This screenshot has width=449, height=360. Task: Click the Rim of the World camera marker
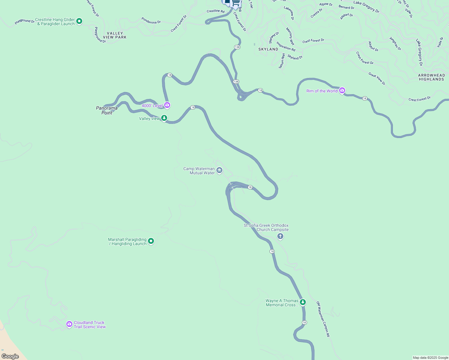pos(342,90)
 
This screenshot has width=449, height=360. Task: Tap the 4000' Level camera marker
pos(167,105)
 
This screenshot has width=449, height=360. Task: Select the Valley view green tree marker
pos(164,118)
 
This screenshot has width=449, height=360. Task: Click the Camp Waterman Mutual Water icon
pos(219,170)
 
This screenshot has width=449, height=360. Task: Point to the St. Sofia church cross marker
pos(280,236)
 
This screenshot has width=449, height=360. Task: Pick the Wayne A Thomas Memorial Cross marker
pos(303,302)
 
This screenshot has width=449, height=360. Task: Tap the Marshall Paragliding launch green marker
pos(151,241)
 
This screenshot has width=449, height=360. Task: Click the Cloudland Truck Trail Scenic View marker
pos(69,324)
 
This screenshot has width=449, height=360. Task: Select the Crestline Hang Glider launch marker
pos(79,21)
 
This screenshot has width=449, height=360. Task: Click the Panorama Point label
pos(107,110)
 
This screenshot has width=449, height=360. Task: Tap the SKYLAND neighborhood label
pos(268,49)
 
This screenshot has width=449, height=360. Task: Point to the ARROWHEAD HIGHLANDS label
pos(432,77)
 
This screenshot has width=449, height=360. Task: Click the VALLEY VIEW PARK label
pos(115,35)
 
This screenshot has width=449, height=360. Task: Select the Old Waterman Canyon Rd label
pos(323,319)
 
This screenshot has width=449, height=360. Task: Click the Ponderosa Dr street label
pos(151,20)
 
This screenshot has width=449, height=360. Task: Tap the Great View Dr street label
pos(377,79)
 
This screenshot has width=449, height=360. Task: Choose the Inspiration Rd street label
pos(286,46)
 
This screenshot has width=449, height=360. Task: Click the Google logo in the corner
pos(10,356)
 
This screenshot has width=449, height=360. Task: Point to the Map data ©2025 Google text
pos(430,358)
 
